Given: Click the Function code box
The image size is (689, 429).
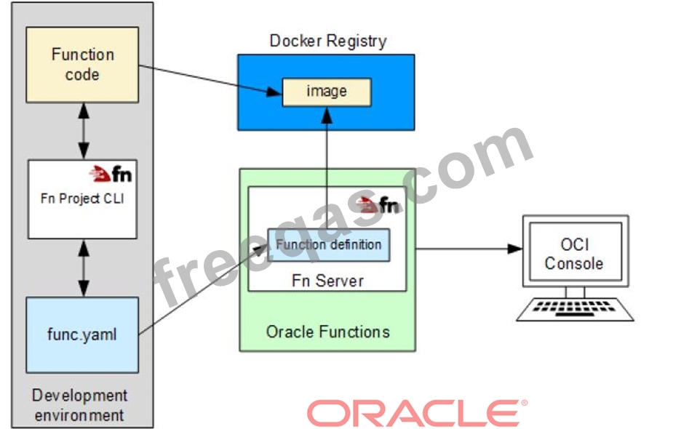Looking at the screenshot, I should click(x=82, y=64).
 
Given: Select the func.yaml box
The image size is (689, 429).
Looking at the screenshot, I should click(x=82, y=334).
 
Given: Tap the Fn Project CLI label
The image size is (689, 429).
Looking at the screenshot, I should click(x=82, y=199).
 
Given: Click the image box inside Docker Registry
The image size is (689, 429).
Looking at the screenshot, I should click(x=327, y=92).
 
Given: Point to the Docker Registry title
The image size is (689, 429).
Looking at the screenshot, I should click(x=327, y=41).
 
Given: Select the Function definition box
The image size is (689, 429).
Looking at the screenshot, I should click(x=329, y=245).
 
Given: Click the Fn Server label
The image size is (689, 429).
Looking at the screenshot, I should click(x=327, y=279).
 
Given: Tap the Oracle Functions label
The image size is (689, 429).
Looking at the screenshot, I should click(x=327, y=332).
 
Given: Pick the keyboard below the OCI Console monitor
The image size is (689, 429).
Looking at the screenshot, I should click(x=575, y=308).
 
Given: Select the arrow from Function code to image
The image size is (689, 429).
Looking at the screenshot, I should click(x=211, y=79).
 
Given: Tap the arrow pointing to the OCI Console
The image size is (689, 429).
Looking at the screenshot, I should click(x=466, y=248).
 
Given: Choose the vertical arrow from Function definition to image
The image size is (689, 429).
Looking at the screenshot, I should click(x=327, y=167).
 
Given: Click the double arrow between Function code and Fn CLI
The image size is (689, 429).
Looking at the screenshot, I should click(x=83, y=132).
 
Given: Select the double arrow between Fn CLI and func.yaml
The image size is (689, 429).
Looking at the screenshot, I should click(x=83, y=268).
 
